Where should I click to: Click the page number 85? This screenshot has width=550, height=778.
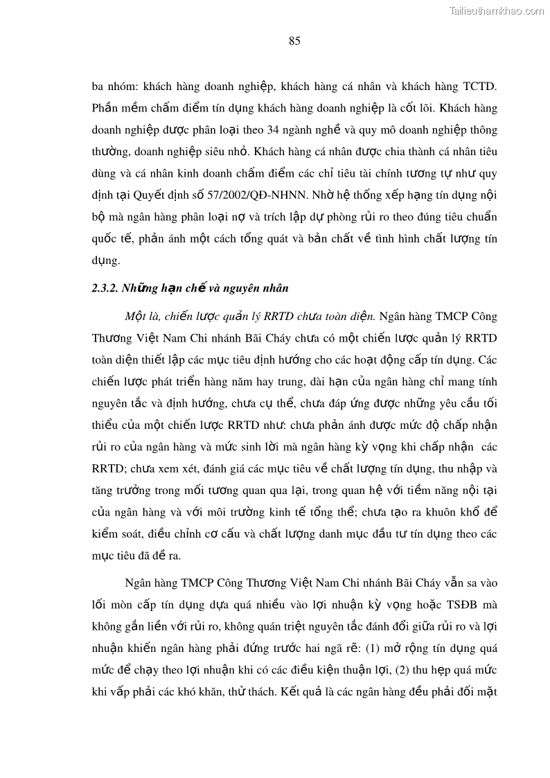click(294, 41)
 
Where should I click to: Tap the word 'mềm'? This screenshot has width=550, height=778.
click(138, 109)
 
